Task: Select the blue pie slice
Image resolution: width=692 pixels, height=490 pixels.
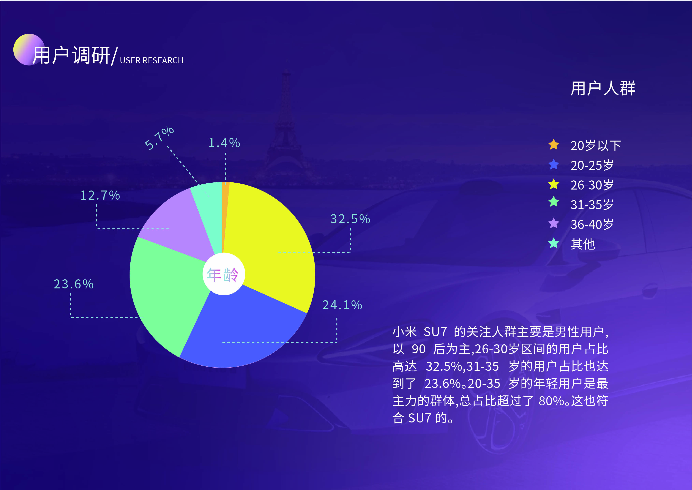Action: pyautogui.click(x=241, y=329)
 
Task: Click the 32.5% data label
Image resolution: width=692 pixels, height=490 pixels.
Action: pyautogui.click(x=350, y=219)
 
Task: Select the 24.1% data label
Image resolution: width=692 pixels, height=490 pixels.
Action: pyautogui.click(x=342, y=305)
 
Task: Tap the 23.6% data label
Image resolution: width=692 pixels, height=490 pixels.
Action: pyautogui.click(x=74, y=284)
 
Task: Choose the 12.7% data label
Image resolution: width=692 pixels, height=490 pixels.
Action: pyautogui.click(x=100, y=195)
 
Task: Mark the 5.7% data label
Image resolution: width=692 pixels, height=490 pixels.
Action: pyautogui.click(x=159, y=138)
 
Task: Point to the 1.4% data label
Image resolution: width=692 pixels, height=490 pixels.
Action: pyautogui.click(x=224, y=143)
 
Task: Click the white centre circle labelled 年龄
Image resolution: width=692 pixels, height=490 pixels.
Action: pyautogui.click(x=224, y=274)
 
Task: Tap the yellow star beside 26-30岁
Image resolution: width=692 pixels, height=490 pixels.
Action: pyautogui.click(x=554, y=184)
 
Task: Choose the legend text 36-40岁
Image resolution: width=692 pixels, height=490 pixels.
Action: pyautogui.click(x=592, y=224)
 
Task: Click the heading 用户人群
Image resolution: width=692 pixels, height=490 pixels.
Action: pyautogui.click(x=603, y=88)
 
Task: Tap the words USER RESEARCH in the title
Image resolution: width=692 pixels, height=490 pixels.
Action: pyautogui.click(x=152, y=60)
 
